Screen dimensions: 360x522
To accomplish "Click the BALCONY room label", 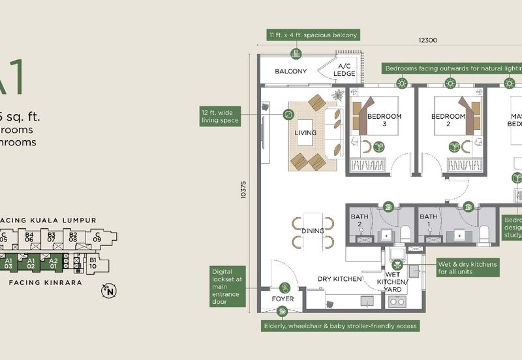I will (290, 71).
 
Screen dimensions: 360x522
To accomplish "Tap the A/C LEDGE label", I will (345, 70).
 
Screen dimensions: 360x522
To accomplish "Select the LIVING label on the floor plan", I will (305, 133).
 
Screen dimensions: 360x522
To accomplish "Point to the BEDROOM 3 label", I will (384, 121).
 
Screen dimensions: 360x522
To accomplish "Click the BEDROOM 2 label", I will (449, 121).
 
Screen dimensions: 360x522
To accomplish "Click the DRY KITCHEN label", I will (339, 279).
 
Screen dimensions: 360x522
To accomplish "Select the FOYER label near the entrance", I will (283, 299).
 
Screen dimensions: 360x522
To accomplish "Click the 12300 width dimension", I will (428, 40).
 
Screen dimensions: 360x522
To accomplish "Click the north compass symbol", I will (108, 291).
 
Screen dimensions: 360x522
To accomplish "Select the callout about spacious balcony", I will (313, 35).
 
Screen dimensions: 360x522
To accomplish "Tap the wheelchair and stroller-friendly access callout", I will (339, 325).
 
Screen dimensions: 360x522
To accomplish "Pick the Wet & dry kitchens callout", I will (468, 268).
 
